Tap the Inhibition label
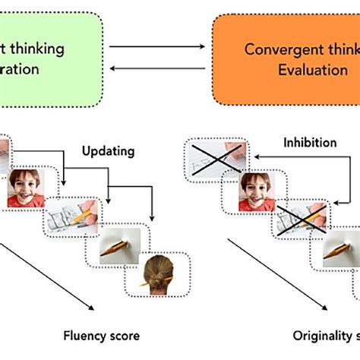pos(309,141)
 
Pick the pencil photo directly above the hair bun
pos(122,244)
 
